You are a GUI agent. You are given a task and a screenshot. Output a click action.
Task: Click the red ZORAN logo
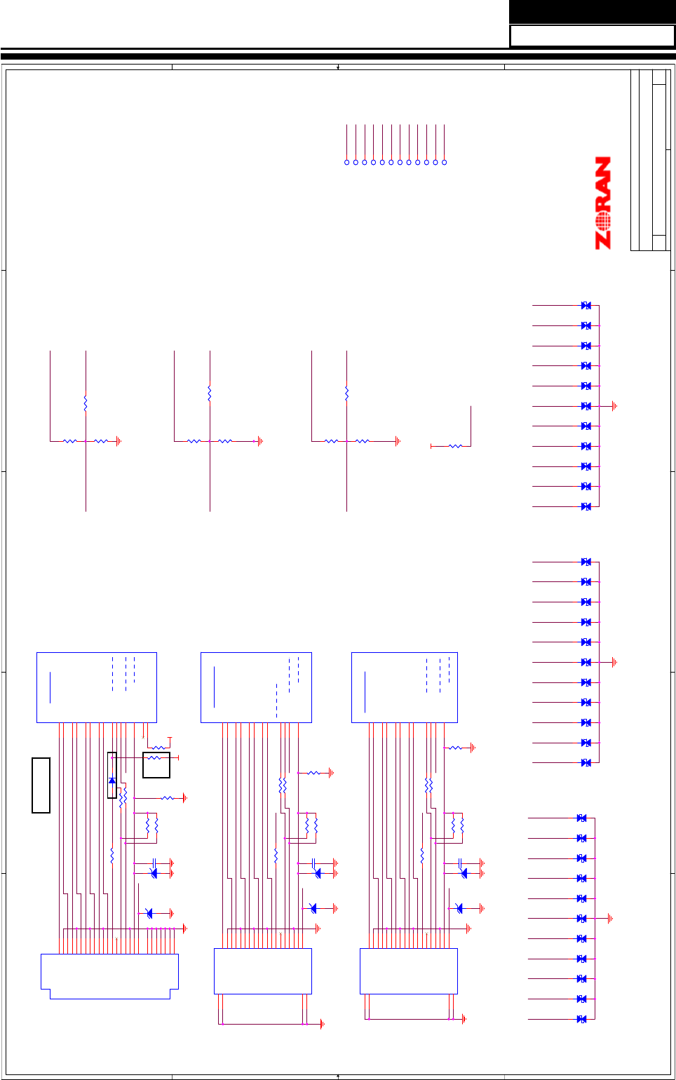pos(603,203)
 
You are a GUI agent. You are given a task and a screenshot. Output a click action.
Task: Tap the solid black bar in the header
pos(592,11)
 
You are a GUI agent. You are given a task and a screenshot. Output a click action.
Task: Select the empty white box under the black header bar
pos(592,36)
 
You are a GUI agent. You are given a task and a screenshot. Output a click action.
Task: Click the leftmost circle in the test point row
pos(346,162)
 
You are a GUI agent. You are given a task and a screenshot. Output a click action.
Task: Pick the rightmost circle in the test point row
pos(444,162)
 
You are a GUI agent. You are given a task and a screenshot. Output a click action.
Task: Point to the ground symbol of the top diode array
pos(614,406)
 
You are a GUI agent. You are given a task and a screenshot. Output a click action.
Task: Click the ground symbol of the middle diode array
pos(614,662)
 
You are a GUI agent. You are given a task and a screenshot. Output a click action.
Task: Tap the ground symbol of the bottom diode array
pos(610,918)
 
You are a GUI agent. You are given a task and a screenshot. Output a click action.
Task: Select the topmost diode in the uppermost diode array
pos(586,306)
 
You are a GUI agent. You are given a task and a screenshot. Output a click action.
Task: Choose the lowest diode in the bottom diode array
pos(581,1019)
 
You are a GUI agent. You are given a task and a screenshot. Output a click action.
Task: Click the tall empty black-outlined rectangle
pos(41,785)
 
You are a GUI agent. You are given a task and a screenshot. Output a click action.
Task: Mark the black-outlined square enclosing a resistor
pos(156,765)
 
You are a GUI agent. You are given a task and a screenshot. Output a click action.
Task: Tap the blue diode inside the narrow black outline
pos(112,781)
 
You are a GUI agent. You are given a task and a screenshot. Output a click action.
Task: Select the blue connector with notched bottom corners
pos(109,975)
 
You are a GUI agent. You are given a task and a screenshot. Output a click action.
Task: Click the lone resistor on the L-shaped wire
pos(455,446)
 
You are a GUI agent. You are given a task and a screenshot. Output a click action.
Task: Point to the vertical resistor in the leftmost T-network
pos(86,404)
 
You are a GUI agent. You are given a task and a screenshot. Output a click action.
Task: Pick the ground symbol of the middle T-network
pos(260,441)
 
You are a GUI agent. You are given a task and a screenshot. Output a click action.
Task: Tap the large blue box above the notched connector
pos(96,687)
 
